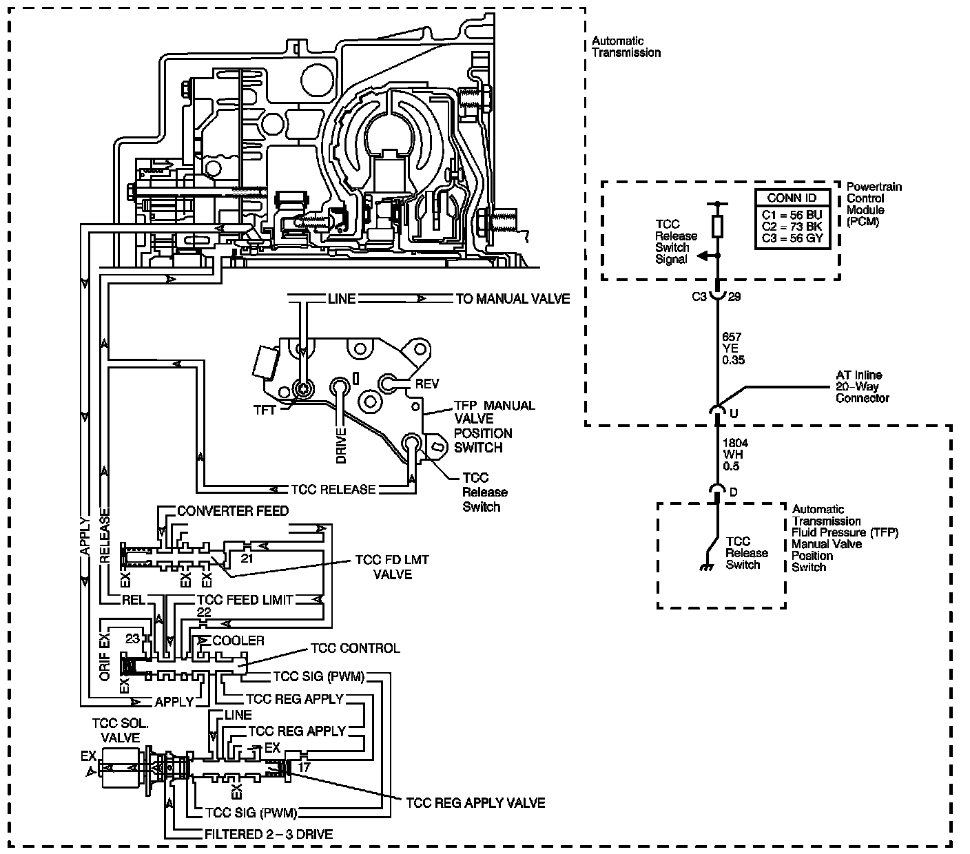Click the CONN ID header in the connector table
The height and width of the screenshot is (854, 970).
point(792,198)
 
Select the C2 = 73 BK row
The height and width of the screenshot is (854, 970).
point(792,227)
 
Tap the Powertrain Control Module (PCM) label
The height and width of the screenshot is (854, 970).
point(874,205)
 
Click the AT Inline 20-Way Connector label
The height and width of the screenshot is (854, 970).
point(862,386)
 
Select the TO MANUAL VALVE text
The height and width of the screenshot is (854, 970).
point(513,299)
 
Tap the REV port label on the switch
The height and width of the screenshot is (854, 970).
point(426,384)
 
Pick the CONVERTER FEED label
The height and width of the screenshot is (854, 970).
point(233,511)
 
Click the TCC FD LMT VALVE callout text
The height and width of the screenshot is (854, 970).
point(392,567)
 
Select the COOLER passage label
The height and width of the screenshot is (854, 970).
point(238,640)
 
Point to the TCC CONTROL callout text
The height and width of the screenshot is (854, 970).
point(355,649)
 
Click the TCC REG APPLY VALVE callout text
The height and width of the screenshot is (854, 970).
point(475,803)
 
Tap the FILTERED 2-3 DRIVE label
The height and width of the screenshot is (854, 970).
point(269,834)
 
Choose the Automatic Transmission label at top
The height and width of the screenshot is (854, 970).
point(626,47)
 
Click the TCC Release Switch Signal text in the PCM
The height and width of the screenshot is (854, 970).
point(676,242)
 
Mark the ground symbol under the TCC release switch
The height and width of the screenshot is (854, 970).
point(705,567)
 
